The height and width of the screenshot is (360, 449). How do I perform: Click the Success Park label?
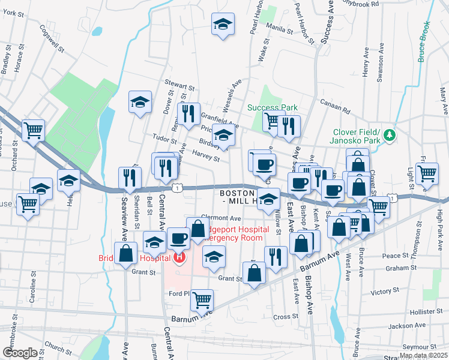273,108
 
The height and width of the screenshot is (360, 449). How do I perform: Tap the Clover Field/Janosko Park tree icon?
390,134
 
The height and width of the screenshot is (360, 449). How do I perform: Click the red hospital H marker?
178,258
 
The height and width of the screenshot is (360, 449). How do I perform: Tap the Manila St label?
280,28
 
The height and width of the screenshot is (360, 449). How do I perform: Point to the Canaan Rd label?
335,106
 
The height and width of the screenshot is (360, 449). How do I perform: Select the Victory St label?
381,292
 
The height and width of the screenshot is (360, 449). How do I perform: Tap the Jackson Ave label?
402,326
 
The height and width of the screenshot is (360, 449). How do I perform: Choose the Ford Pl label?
179,293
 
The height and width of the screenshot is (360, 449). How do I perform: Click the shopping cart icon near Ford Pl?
203,298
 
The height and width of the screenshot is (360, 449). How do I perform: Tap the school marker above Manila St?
223,25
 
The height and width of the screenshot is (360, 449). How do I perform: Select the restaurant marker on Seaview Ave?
130,176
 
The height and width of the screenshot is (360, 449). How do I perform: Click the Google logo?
19,353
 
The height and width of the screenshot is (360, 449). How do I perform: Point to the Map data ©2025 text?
423,355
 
